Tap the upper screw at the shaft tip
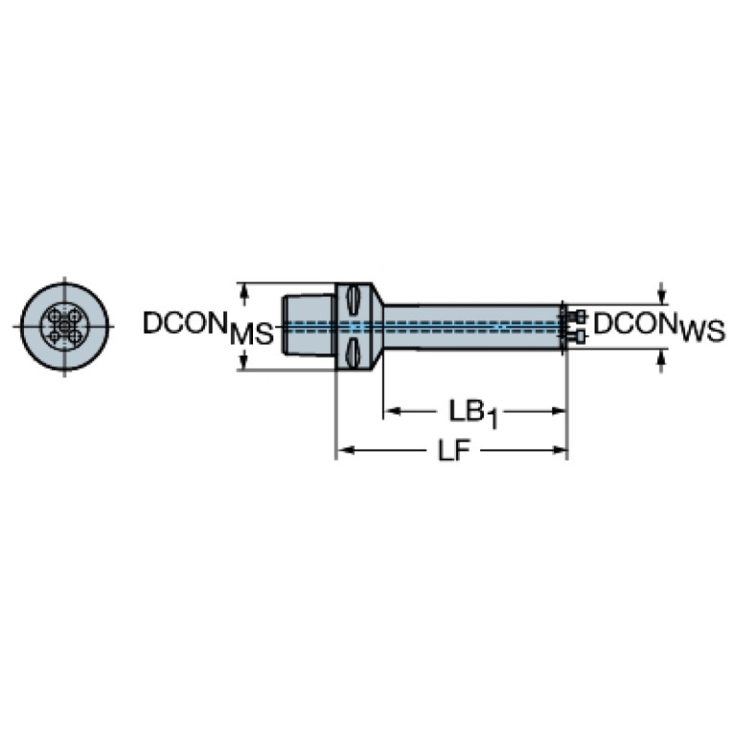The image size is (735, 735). [x=578, y=315]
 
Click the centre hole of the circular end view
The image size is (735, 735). [x=64, y=326]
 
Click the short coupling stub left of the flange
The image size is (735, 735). [x=309, y=326]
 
